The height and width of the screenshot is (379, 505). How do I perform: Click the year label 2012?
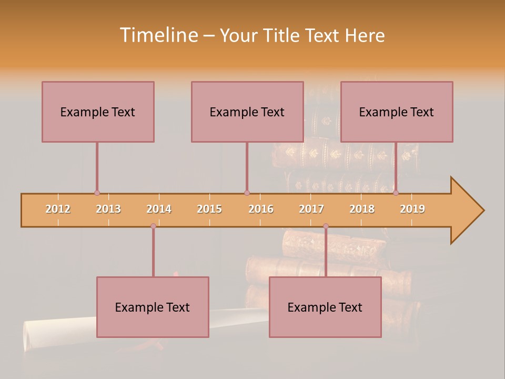tap(58, 209)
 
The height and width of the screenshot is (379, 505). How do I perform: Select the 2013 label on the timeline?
tap(108, 209)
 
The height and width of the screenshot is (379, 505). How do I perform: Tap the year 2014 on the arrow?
tap(159, 209)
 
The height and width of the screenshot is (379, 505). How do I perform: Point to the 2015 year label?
tap(209, 209)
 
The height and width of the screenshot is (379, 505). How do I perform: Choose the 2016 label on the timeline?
tap(261, 209)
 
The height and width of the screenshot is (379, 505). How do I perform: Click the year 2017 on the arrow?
tap(311, 209)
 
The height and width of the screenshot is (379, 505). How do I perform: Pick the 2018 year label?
tap(362, 209)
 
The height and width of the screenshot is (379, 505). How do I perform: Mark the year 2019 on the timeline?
tap(412, 209)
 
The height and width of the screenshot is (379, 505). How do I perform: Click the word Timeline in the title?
tap(158, 35)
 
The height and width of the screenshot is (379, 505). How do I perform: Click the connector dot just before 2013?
tap(97, 193)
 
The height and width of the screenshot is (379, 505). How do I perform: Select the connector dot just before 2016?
tap(247, 193)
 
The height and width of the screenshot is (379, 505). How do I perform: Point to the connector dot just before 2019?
tap(396, 193)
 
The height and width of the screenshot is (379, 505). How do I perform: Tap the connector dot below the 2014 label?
tap(153, 226)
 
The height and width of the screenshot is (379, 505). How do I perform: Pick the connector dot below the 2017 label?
tap(326, 226)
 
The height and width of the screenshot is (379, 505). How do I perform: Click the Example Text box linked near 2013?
tap(98, 112)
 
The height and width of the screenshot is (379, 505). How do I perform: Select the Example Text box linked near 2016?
tap(247, 112)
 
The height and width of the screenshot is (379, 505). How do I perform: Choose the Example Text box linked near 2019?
tap(397, 112)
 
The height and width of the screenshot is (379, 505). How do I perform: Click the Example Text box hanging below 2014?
tap(153, 307)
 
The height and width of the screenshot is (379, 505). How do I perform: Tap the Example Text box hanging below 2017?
tap(325, 307)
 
